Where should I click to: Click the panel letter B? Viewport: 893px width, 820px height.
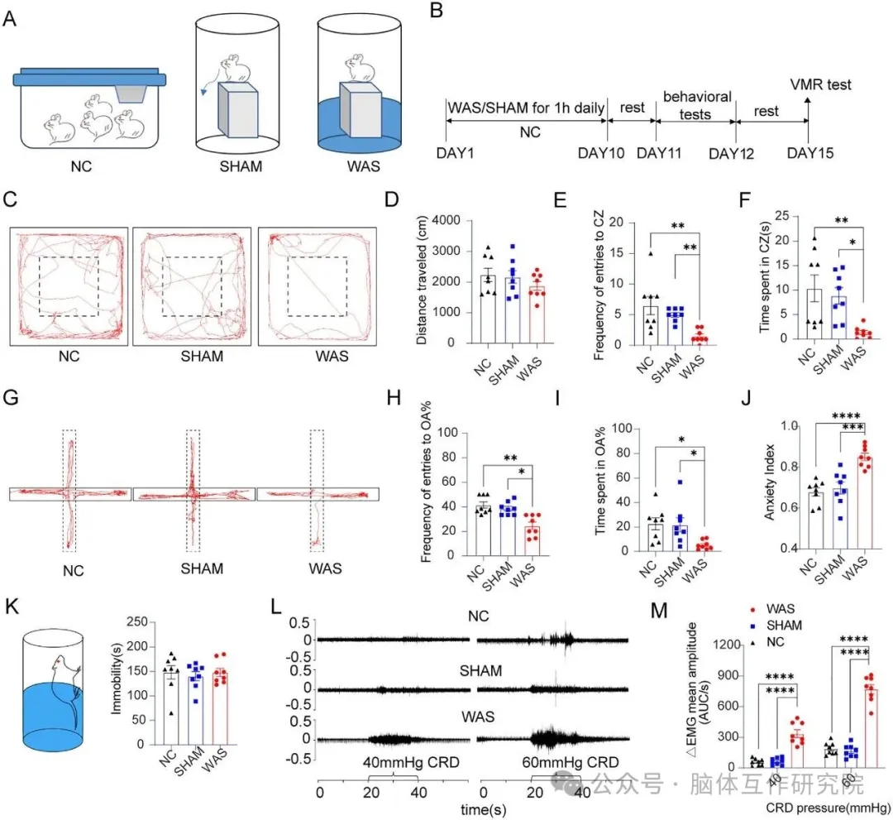[436, 10]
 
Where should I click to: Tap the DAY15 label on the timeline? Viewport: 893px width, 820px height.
[809, 153]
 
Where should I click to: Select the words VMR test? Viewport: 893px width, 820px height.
[820, 85]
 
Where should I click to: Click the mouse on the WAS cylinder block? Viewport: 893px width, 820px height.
[360, 69]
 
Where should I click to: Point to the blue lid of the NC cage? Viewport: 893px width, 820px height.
[89, 78]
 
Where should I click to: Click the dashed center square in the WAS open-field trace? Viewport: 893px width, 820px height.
[318, 257]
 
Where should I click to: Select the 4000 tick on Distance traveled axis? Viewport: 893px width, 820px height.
[446, 221]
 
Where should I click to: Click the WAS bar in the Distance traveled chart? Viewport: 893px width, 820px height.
[537, 314]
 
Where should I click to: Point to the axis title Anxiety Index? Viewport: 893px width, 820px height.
[770, 482]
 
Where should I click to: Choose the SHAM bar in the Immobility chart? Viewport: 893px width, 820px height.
[195, 710]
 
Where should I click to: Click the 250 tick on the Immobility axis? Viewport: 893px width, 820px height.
[136, 621]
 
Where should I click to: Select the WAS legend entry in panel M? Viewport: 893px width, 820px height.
[774, 609]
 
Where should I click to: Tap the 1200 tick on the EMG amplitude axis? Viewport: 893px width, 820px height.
[728, 645]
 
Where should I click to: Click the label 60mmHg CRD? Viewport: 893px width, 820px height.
[570, 762]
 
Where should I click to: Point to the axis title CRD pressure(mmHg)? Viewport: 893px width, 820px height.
[828, 808]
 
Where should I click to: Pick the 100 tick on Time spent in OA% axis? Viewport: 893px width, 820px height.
[621, 429]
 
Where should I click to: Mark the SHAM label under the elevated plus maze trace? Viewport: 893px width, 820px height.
[202, 568]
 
